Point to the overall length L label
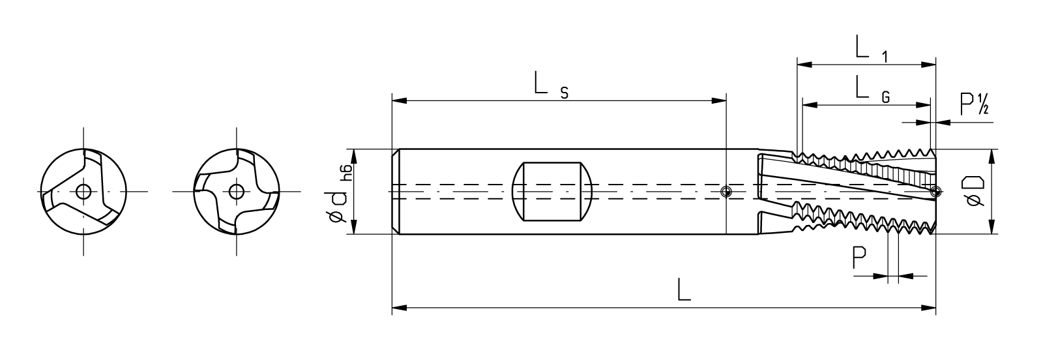[684, 289]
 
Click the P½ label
[975, 104]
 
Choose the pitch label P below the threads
[859, 258]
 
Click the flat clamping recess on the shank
[551, 191]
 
